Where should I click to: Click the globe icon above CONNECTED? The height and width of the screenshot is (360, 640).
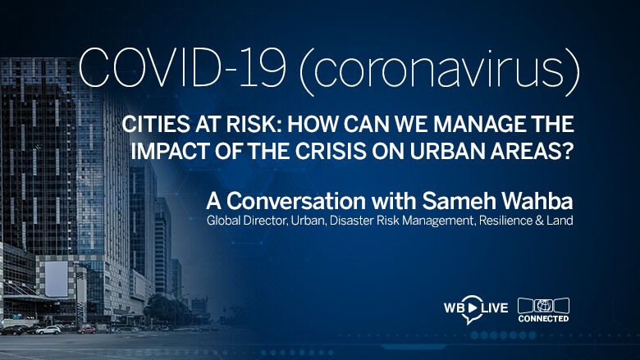543,306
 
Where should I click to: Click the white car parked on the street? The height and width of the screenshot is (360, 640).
48,330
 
